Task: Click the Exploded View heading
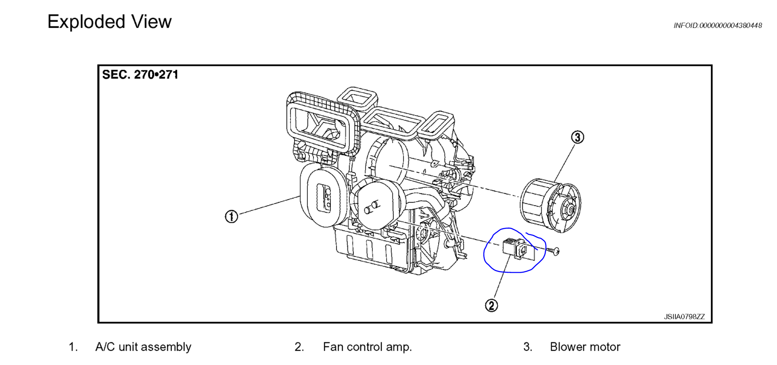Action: [x=109, y=22]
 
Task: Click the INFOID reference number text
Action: [x=718, y=26]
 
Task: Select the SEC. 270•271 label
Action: [x=140, y=75]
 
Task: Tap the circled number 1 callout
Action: [x=231, y=217]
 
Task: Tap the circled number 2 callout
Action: [x=491, y=305]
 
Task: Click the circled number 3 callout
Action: [x=577, y=137]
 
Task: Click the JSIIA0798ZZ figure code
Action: [x=684, y=317]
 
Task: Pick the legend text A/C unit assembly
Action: [x=143, y=347]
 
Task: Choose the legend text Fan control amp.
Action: [x=367, y=347]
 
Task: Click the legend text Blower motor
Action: [x=585, y=347]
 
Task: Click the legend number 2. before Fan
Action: [x=299, y=347]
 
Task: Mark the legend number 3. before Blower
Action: [x=527, y=347]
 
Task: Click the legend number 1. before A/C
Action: [x=73, y=347]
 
